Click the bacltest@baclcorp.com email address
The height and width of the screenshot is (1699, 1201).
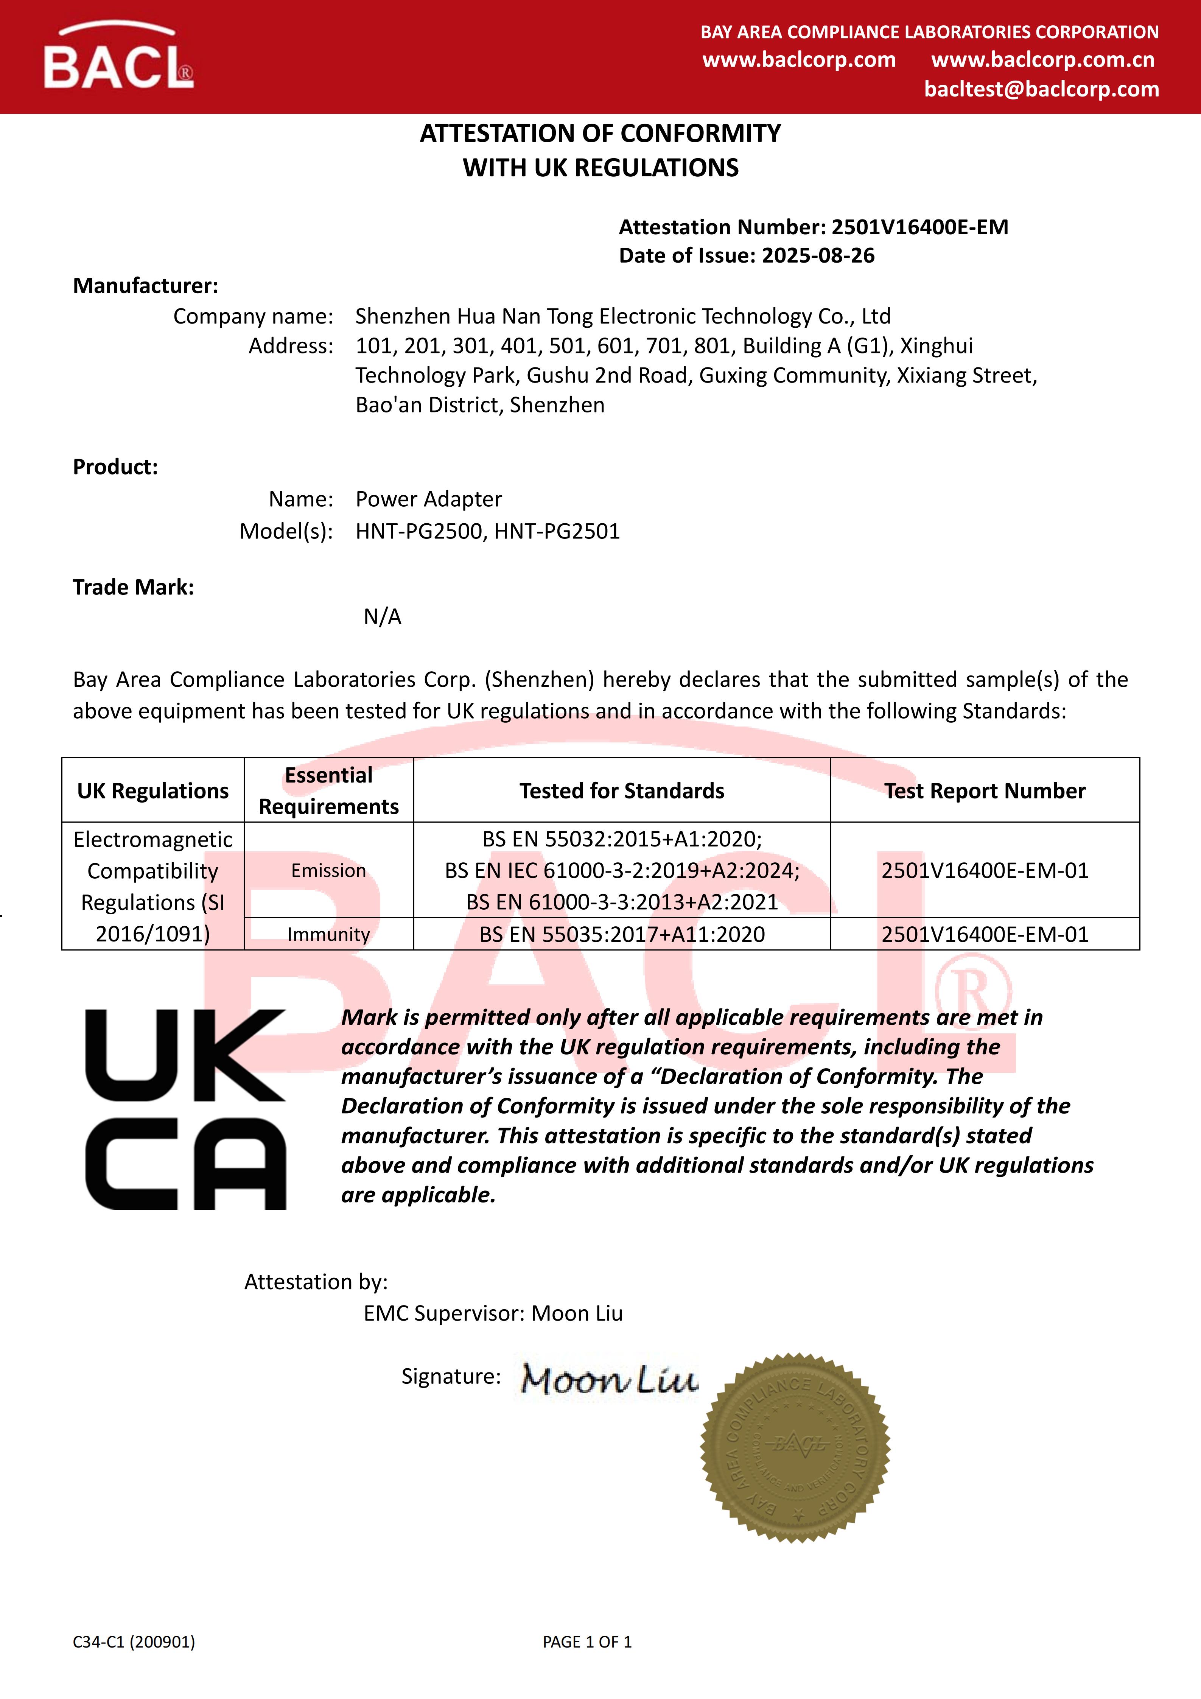1041,90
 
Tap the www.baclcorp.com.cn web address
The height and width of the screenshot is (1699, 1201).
1042,60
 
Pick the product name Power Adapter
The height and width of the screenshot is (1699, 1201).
428,499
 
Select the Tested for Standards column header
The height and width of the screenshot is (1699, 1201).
622,791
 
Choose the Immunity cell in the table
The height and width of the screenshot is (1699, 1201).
328,935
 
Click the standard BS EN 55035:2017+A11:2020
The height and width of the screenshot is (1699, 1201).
622,935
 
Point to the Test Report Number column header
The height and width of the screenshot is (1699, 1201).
985,791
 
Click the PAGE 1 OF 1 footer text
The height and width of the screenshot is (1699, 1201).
587,1642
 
